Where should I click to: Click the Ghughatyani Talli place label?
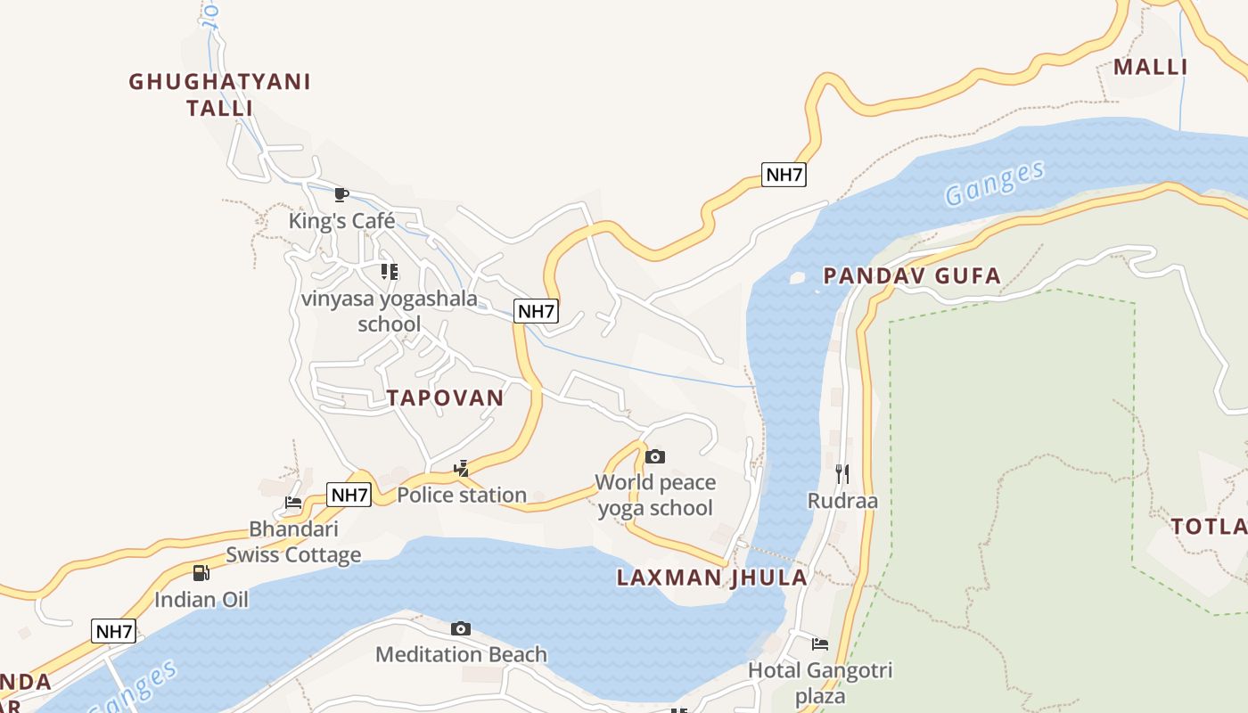click(x=219, y=94)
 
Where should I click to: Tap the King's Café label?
click(x=341, y=220)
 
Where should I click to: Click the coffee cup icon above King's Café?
click(x=341, y=194)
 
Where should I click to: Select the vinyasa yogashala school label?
click(x=390, y=310)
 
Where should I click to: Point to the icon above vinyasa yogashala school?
click(x=390, y=271)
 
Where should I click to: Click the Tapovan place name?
click(x=445, y=397)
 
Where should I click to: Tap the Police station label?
click(x=462, y=495)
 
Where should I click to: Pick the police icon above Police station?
click(x=462, y=468)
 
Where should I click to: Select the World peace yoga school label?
click(x=655, y=495)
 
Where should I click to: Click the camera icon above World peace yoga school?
click(x=655, y=456)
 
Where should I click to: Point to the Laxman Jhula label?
click(x=711, y=577)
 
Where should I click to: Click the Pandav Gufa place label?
click(x=912, y=275)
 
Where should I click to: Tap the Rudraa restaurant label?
click(x=842, y=500)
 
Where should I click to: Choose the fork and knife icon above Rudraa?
click(x=842, y=473)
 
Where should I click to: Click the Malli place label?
click(x=1150, y=67)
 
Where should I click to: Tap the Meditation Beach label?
click(x=461, y=654)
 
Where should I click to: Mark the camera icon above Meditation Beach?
click(x=461, y=628)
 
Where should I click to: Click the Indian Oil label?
click(x=201, y=599)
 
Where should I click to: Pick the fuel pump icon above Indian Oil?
click(x=201, y=572)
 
